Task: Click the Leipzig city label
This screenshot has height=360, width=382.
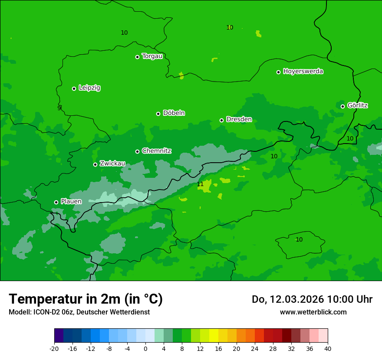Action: pyautogui.click(x=89, y=88)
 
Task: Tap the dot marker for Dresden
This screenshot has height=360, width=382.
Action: pyautogui.click(x=221, y=120)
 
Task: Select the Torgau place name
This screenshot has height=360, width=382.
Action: pyautogui.click(x=152, y=56)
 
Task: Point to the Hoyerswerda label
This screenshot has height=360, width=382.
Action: pyautogui.click(x=303, y=71)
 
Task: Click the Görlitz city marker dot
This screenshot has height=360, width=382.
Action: pyautogui.click(x=342, y=106)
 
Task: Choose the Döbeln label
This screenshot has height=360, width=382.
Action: pyautogui.click(x=174, y=113)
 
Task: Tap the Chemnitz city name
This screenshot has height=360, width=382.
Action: pyautogui.click(x=156, y=151)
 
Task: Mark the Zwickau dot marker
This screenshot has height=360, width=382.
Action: pyautogui.click(x=95, y=164)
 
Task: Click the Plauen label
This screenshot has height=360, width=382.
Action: pyautogui.click(x=71, y=201)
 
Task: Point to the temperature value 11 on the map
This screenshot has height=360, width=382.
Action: pyautogui.click(x=200, y=184)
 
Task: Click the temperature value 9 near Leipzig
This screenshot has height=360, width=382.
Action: pyautogui.click(x=59, y=108)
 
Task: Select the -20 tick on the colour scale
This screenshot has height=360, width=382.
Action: pyautogui.click(x=54, y=349)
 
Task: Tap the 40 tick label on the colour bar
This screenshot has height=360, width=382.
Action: pyautogui.click(x=328, y=349)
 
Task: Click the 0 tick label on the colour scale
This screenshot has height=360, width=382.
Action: pyautogui.click(x=145, y=349)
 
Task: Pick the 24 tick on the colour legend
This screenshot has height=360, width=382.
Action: pyautogui.click(x=255, y=349)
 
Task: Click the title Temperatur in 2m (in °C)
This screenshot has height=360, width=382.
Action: pyautogui.click(x=86, y=299)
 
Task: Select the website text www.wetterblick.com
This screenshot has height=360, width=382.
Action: pyautogui.click(x=313, y=312)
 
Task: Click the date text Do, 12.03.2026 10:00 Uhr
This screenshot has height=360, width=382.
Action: pyautogui.click(x=312, y=299)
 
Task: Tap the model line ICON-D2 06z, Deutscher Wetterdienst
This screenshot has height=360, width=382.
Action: pyautogui.click(x=79, y=312)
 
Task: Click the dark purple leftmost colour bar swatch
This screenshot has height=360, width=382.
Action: pyautogui.click(x=59, y=336)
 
